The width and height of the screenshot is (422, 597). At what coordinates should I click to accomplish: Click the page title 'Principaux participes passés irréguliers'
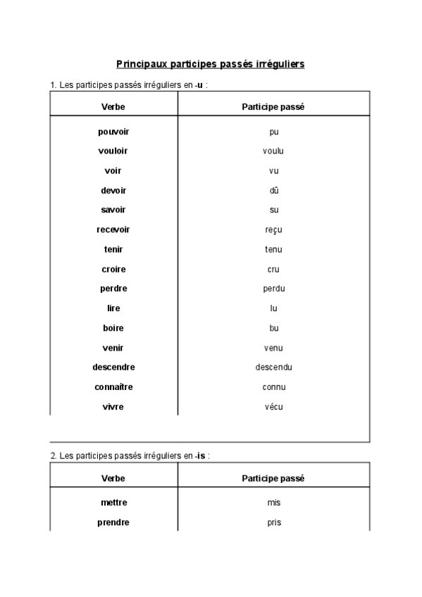click(210, 64)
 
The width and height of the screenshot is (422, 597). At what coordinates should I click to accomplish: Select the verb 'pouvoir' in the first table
click(113, 132)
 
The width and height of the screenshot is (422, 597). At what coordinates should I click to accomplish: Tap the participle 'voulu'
click(273, 151)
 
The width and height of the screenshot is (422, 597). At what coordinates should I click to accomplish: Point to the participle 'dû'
click(273, 190)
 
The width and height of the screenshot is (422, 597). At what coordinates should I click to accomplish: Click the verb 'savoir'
click(113, 210)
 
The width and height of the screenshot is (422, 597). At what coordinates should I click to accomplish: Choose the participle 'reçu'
click(273, 230)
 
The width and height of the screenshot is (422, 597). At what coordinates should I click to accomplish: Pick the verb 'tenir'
click(113, 249)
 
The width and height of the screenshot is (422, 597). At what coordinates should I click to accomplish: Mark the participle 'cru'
click(273, 269)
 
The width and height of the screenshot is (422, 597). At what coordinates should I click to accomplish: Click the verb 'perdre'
click(113, 289)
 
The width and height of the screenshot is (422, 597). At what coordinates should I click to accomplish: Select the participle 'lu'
click(273, 308)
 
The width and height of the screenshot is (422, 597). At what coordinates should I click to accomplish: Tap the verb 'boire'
click(113, 328)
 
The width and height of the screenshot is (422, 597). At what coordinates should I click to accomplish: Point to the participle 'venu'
click(273, 348)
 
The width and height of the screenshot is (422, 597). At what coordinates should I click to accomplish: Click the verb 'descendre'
click(113, 367)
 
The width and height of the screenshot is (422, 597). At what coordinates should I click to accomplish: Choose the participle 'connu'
click(273, 387)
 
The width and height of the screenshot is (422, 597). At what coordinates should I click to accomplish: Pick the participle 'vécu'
click(273, 407)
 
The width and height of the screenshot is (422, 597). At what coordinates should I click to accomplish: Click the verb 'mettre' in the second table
click(113, 503)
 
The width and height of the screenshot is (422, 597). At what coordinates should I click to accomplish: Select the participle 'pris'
click(273, 522)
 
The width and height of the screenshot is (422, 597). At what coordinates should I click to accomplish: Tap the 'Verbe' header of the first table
click(113, 106)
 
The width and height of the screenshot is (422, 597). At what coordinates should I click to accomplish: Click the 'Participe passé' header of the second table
click(273, 478)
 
